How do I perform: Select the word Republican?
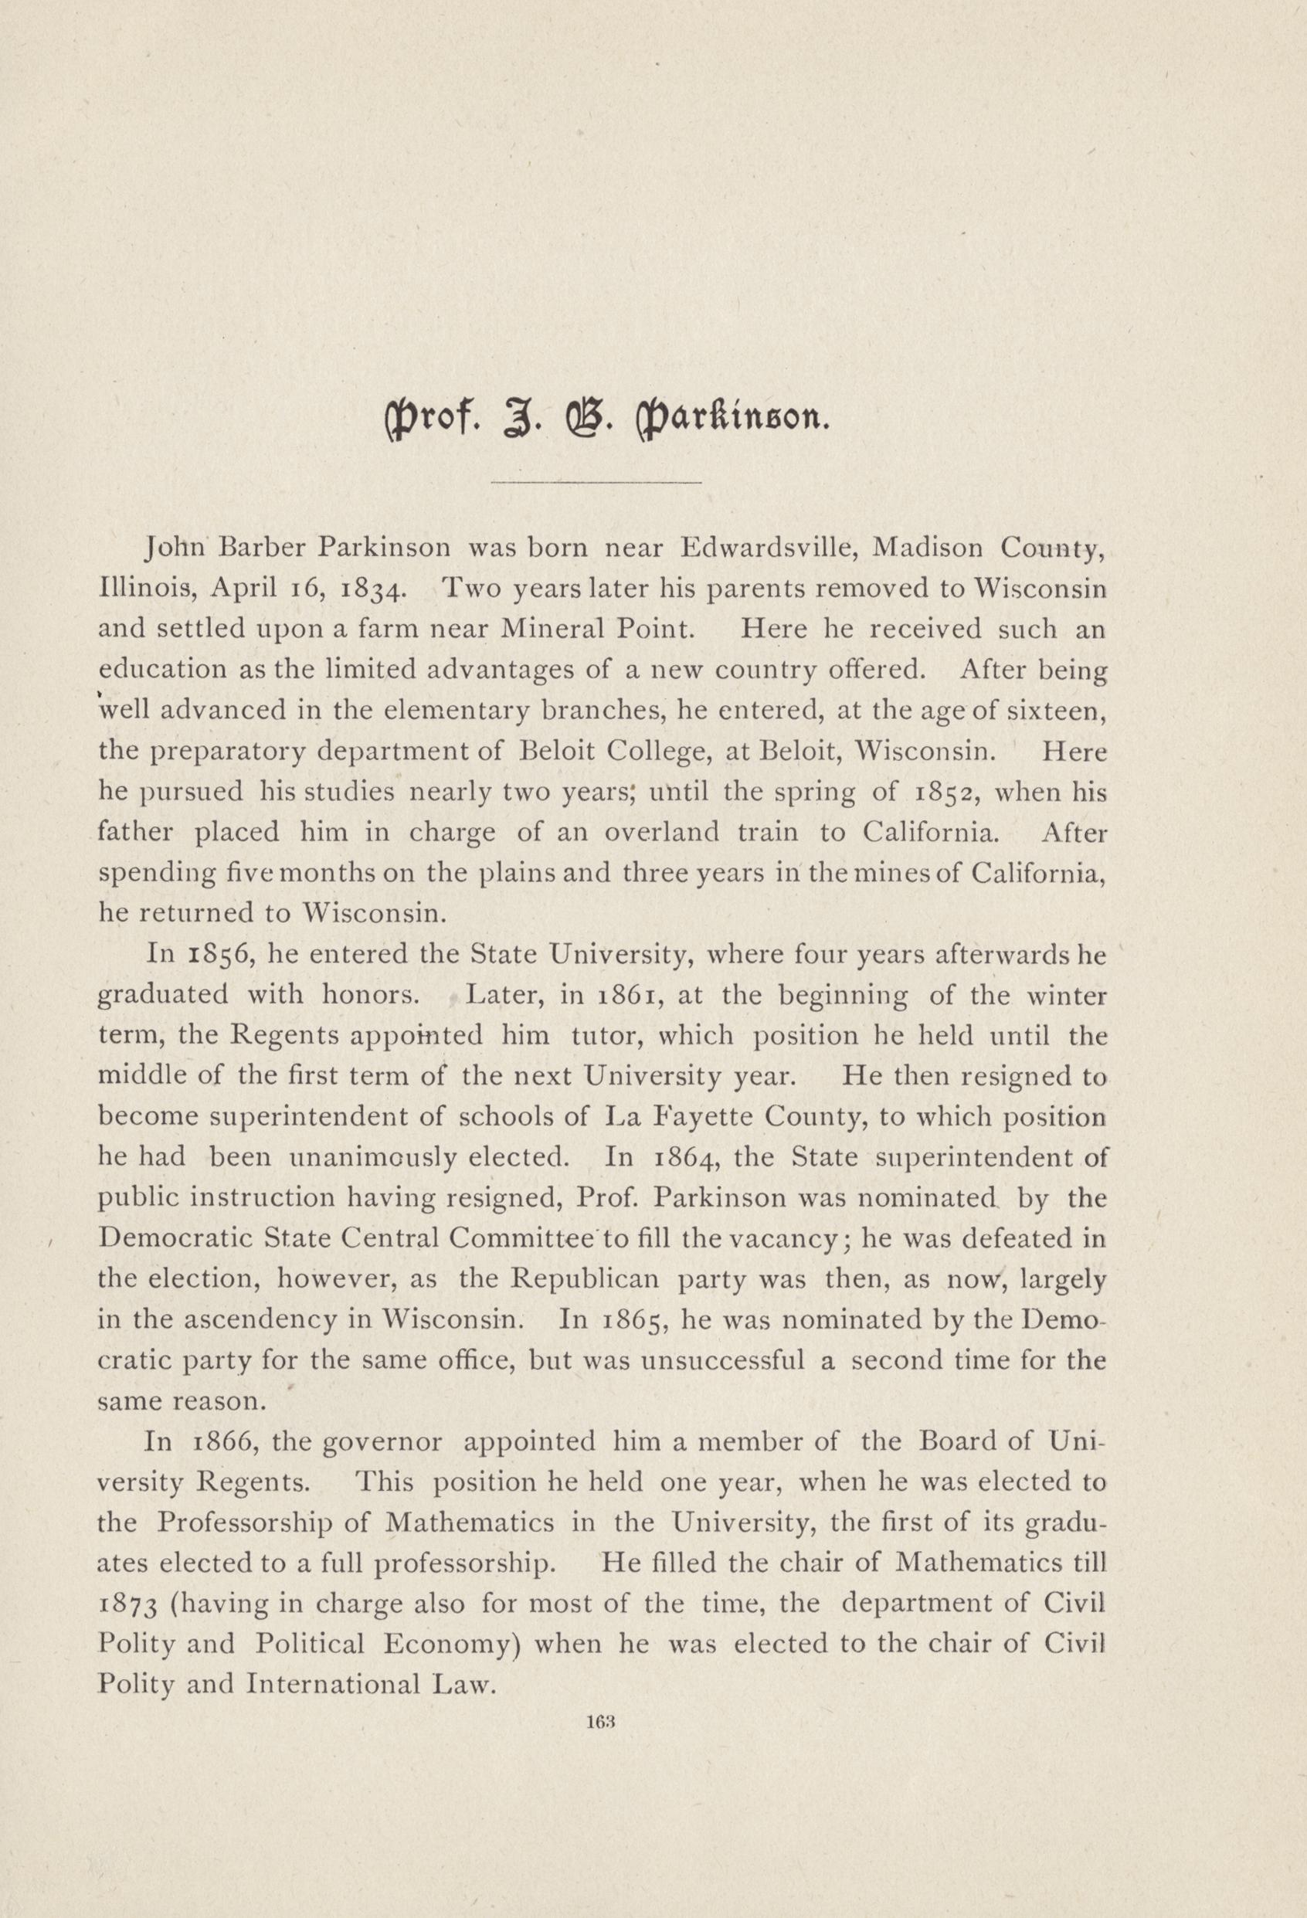coord(585,1279)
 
